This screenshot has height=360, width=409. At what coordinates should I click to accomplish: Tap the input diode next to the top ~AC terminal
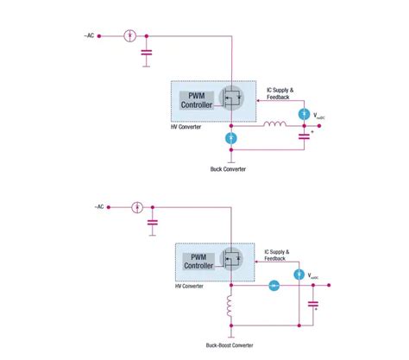[x=129, y=36]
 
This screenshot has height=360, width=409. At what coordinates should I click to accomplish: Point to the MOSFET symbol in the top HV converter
[x=231, y=98]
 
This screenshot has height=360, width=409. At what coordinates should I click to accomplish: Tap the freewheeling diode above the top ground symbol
[x=231, y=138]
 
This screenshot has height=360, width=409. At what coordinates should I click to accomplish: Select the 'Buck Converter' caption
[x=228, y=169]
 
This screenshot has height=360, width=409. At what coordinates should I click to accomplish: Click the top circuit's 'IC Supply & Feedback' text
[x=283, y=94]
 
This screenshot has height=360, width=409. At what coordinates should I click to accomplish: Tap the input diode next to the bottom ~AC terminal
[x=136, y=207]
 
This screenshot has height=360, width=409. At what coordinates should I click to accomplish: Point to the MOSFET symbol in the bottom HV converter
[x=231, y=257]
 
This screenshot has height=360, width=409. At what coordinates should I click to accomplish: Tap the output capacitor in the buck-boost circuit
[x=314, y=304]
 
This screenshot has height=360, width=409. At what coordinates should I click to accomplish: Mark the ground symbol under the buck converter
[x=231, y=157]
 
